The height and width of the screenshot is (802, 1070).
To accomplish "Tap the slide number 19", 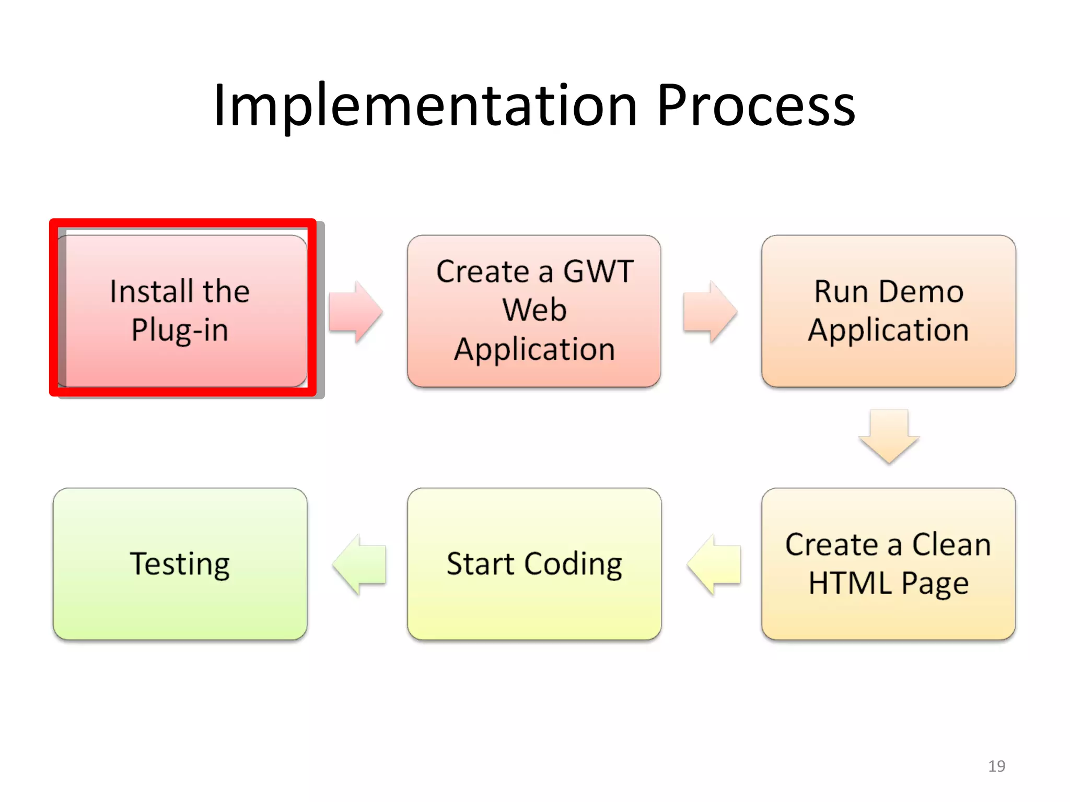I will tap(996, 766).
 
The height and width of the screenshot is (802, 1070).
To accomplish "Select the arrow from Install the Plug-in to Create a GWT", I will tap(355, 312).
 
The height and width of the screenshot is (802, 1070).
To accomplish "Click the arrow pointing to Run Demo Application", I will tap(710, 312).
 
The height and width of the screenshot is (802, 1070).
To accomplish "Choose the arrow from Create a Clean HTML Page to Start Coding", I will tap(714, 564).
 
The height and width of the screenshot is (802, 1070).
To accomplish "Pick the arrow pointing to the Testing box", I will tap(359, 564).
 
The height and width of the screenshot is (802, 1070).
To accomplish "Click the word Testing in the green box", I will tap(180, 564).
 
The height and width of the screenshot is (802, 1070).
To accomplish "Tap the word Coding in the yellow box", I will tap(573, 564).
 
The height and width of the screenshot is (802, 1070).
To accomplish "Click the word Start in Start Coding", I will tap(481, 564).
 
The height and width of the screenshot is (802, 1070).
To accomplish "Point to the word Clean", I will tap(951, 545).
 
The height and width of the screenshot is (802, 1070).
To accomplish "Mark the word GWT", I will tap(598, 272).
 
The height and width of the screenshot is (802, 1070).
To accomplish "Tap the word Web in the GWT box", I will tap(534, 310).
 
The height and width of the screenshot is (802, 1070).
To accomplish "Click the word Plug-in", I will tap(180, 331).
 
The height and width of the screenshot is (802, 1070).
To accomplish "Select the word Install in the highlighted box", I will tap(152, 291).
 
